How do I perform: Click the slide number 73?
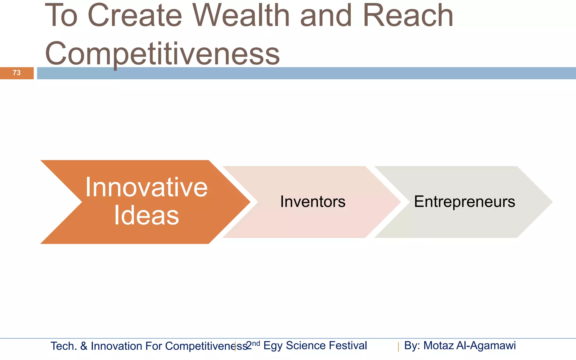click(17, 73)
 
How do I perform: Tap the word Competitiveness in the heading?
click(162, 54)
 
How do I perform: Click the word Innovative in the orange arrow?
click(146, 188)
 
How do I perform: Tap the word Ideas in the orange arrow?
click(146, 216)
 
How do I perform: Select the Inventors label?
click(313, 202)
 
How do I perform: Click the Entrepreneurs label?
click(464, 202)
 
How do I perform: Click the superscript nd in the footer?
click(256, 343)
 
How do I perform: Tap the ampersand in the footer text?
click(84, 346)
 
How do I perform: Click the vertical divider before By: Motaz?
click(398, 347)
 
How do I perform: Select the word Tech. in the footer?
click(64, 346)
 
